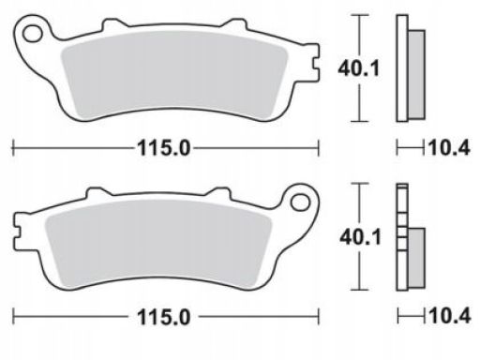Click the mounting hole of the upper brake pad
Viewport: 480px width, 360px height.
coord(33,34)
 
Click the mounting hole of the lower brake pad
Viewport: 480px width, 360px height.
coord(300,202)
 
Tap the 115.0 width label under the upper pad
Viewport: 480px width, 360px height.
coord(164,148)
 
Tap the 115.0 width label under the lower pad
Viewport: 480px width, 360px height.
coord(164,317)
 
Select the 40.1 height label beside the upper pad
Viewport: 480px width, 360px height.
coord(358,68)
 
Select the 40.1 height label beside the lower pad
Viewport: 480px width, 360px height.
coord(361,237)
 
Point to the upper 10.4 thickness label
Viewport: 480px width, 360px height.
coord(449,147)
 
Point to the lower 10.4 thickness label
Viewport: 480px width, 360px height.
coord(449,316)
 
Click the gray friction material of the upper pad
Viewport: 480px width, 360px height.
coord(173,75)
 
